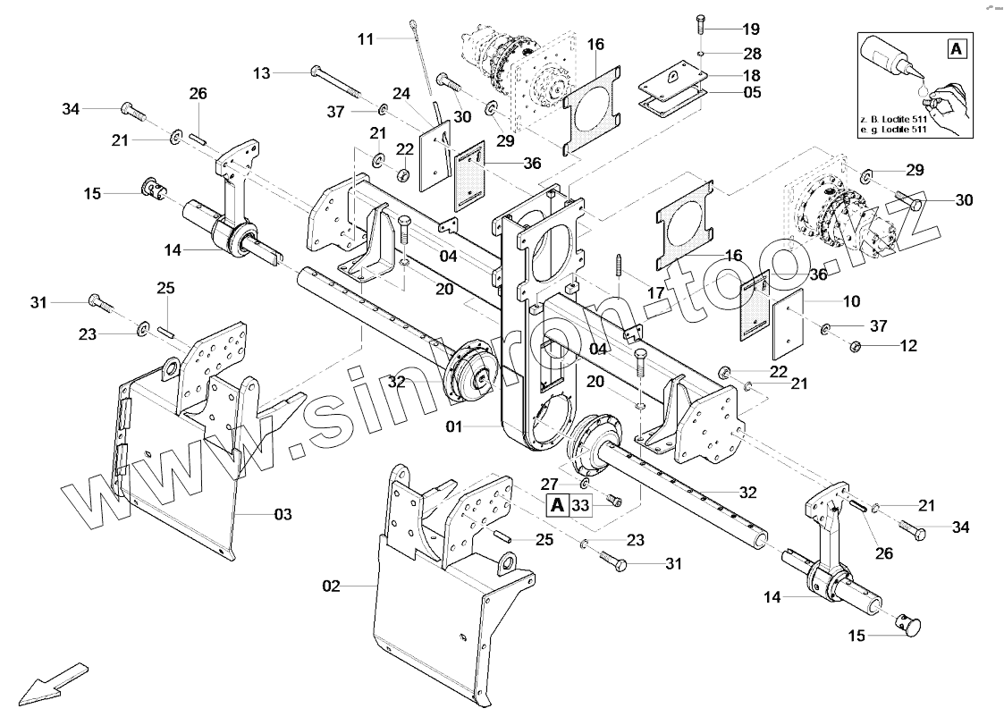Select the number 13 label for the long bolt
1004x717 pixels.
pos(261,72)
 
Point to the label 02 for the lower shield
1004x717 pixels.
pos(332,586)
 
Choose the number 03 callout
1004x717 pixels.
pos(283,514)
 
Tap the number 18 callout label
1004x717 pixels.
pos(752,74)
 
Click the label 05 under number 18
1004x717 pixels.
pos(752,91)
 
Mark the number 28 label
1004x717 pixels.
pos(752,55)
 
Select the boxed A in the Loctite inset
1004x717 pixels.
pos(956,49)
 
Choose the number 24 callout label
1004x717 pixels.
pos(401,93)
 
